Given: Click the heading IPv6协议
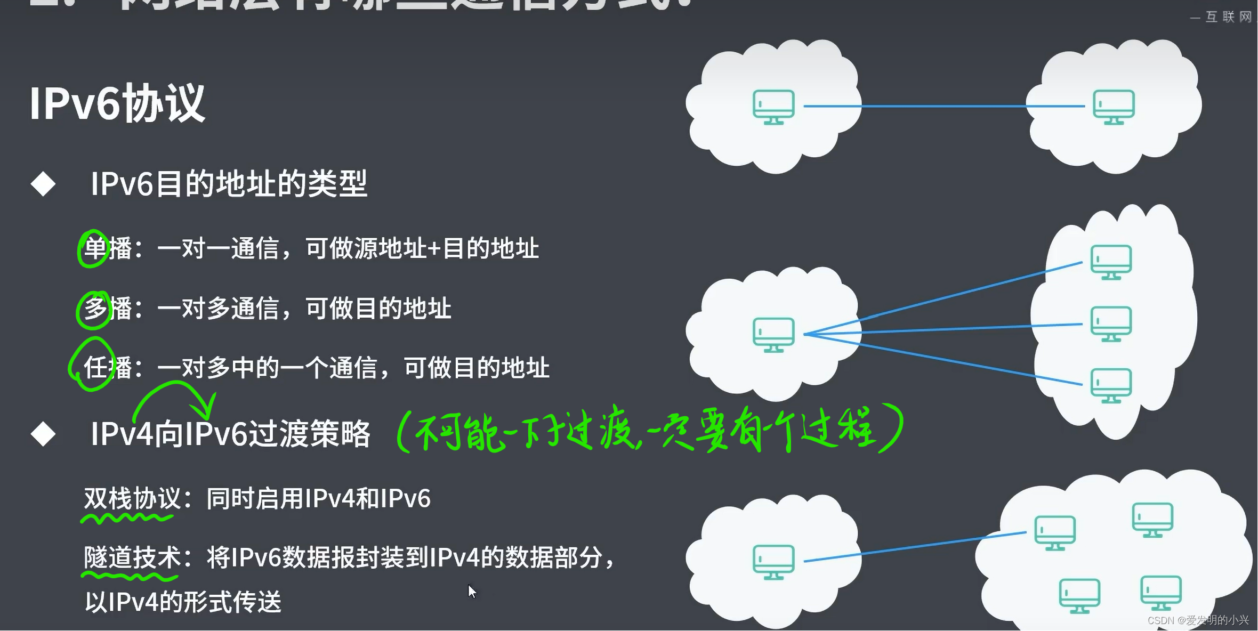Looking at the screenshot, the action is [117, 103].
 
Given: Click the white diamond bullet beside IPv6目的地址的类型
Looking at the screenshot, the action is [43, 184].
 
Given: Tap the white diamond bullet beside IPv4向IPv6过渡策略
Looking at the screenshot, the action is [43, 434].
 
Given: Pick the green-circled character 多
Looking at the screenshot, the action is [95, 309].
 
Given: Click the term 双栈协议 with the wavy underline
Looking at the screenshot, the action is [132, 499].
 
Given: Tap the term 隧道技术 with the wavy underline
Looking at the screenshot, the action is [132, 558].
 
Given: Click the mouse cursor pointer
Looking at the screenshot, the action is [471, 590].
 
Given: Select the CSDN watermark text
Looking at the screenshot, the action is [1198, 620].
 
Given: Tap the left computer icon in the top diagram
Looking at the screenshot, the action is [773, 107].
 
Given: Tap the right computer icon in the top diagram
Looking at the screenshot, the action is [1114, 107].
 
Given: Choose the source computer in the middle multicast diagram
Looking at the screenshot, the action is [773, 334].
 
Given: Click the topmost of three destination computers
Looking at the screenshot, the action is [1111, 261].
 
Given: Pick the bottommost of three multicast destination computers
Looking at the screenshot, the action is [1111, 385].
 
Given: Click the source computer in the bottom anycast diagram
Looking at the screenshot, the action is [773, 562].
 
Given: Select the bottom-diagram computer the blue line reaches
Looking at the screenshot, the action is [1054, 532].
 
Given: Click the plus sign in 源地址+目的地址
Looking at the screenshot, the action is [434, 249].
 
